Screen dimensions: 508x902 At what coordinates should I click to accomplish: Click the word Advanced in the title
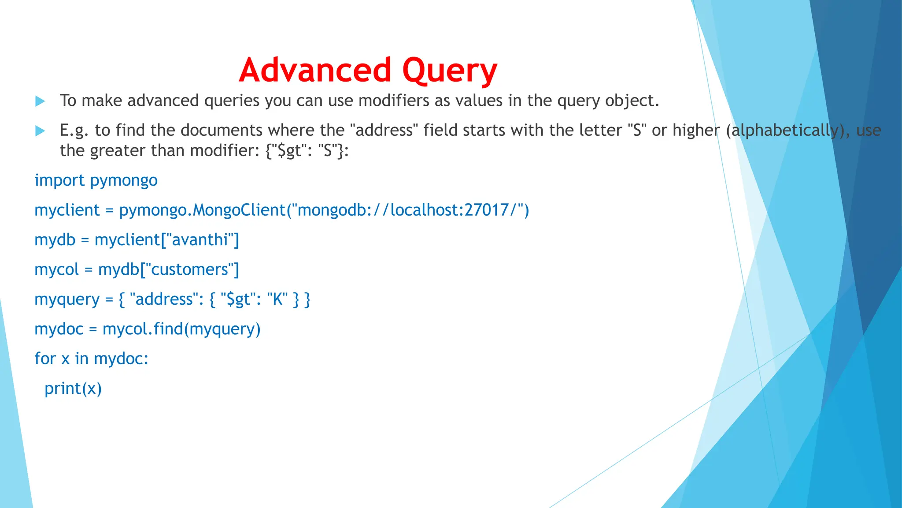tap(315, 71)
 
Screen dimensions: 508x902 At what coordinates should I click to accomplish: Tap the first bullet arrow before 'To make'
tap(40, 101)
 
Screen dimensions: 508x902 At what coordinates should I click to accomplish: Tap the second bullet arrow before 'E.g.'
tap(40, 131)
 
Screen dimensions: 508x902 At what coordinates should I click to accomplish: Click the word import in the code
tap(59, 180)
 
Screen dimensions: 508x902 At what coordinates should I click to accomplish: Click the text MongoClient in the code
tap(240, 210)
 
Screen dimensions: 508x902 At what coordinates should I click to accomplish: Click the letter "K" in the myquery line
tap(277, 299)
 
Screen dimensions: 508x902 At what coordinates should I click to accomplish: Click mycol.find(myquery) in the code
tap(181, 329)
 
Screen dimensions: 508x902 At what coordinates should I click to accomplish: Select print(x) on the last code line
tap(73, 388)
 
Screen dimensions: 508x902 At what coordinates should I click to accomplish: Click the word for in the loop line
tap(45, 359)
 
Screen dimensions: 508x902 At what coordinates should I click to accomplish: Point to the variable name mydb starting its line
tap(55, 240)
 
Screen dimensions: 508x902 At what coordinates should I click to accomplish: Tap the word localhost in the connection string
tap(425, 210)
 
